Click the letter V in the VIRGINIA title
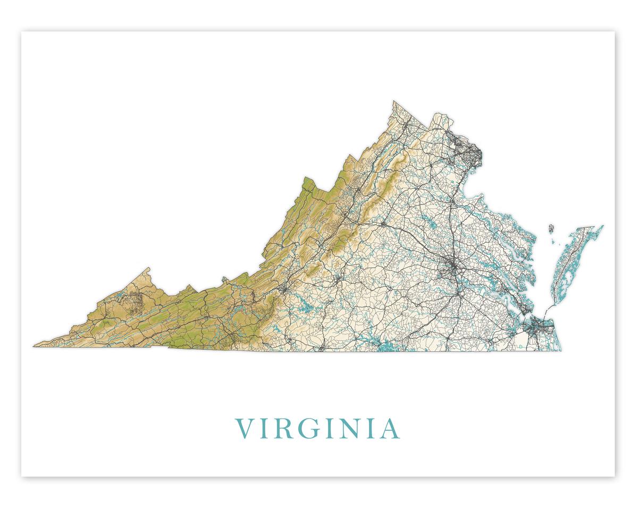coord(246,429)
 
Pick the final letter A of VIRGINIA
coord(390,429)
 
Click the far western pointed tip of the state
coord(34,346)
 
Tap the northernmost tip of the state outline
coord(394,101)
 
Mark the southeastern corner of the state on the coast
coord(560,350)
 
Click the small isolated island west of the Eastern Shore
coord(551,229)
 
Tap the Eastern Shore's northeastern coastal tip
coord(602,226)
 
